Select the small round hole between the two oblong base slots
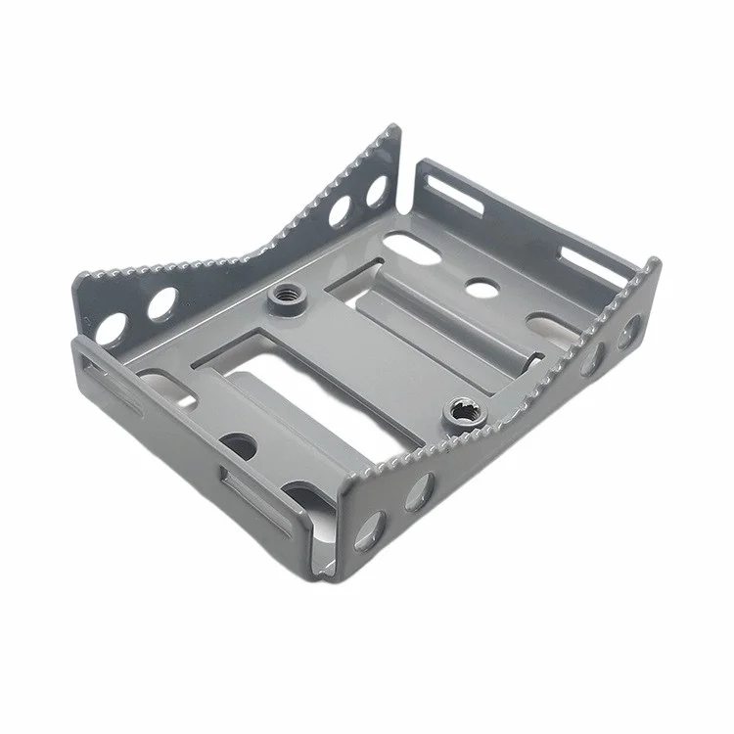pyautogui.click(x=480, y=286)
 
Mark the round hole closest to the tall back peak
pyautogui.click(x=375, y=190)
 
